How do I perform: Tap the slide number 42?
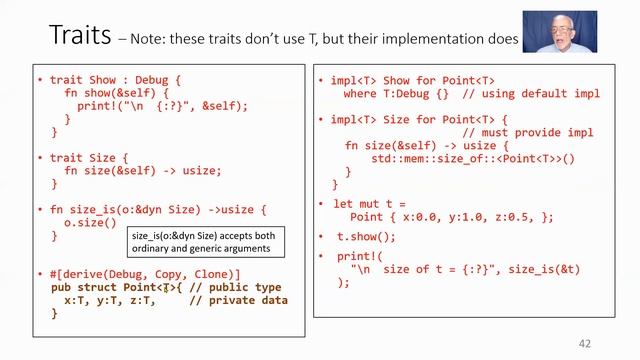[585, 343]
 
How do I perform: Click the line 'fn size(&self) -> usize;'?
[142, 170]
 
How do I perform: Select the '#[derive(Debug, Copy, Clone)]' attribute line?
[145, 274]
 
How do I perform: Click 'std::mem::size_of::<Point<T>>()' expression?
[474, 158]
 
